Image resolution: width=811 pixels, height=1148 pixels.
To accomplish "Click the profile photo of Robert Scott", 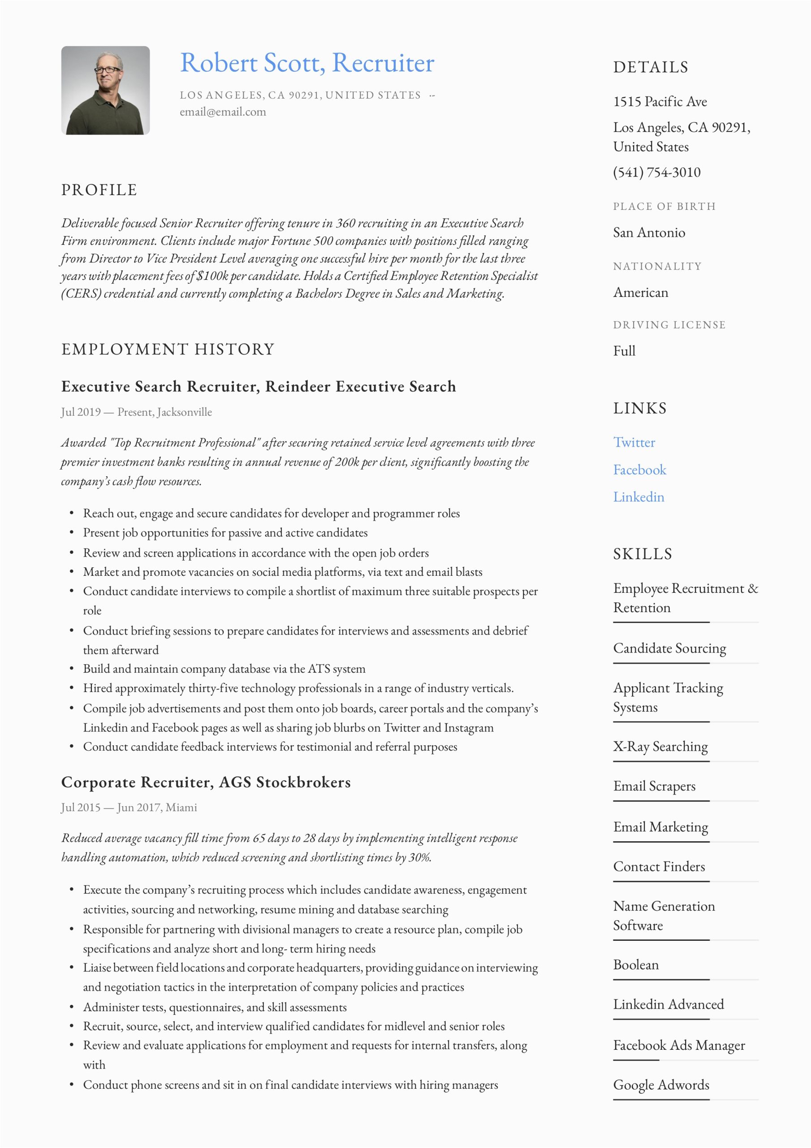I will tap(105, 91).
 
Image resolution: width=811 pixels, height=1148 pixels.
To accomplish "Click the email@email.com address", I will tap(223, 112).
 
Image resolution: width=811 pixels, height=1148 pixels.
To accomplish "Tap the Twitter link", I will tap(634, 442).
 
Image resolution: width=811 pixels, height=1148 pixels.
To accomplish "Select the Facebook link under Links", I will tap(639, 470).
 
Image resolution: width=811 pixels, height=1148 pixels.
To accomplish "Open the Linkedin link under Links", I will tap(638, 496).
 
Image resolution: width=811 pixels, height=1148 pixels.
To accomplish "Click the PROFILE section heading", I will tap(99, 190).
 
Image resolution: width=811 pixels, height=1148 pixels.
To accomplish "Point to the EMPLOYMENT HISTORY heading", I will tap(168, 349).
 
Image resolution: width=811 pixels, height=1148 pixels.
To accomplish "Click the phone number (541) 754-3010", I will tap(656, 172).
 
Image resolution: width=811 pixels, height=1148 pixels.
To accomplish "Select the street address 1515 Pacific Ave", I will tap(660, 101).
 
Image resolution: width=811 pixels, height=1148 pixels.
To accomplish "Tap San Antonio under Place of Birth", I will tap(649, 232).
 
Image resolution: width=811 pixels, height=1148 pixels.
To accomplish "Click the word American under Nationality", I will tap(641, 292).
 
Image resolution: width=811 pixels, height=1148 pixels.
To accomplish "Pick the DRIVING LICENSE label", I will tap(669, 325).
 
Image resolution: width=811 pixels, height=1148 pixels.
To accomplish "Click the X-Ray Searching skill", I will tap(660, 747).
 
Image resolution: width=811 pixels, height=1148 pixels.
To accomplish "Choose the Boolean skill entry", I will tap(636, 965).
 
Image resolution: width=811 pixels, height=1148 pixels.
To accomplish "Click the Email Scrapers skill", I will tap(654, 786).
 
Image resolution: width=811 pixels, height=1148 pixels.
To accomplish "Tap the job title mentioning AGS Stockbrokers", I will tap(206, 782).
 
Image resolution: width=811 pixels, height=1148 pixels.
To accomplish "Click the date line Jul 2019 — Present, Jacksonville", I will tap(136, 412).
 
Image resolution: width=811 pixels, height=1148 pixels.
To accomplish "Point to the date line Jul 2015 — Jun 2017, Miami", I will tap(129, 808).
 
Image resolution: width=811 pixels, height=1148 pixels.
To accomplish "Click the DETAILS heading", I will tap(651, 67).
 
